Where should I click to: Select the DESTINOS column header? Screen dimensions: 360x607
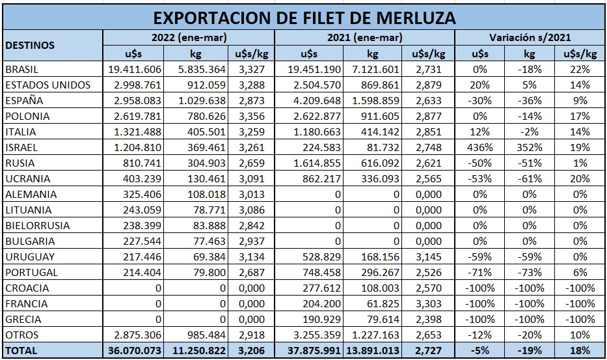tap(29, 46)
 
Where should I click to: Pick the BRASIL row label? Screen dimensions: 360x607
tap(22, 69)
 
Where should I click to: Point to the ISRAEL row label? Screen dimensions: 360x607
tap(21, 147)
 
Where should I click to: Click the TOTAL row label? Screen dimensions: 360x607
tap(21, 350)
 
